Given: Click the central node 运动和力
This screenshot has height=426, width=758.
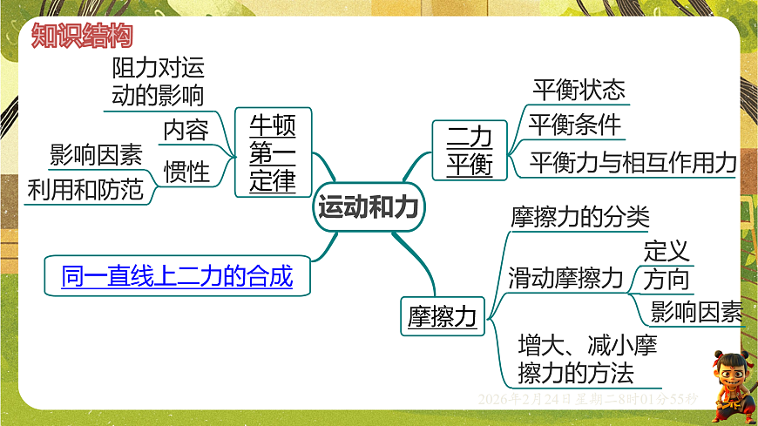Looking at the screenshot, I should tap(369, 207).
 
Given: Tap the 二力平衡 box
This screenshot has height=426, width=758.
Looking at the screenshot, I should tap(470, 151).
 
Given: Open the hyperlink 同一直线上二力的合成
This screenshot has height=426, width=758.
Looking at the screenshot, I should tap(177, 277).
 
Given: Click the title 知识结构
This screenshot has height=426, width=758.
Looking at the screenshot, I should tap(82, 36).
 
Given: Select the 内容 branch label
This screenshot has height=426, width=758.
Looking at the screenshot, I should tap(186, 131).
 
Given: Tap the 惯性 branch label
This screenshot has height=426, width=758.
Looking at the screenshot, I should tap(186, 172).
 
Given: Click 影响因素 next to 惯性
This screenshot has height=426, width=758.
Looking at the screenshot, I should tap(96, 155).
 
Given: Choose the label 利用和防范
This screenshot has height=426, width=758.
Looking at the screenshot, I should tap(85, 189).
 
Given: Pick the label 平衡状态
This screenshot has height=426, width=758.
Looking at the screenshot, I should tap(579, 90).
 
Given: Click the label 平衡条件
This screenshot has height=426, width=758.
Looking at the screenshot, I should tap(576, 125).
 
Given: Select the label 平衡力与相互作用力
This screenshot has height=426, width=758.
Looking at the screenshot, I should tap(633, 163).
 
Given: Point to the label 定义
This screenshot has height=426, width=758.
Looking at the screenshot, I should tap(667, 251).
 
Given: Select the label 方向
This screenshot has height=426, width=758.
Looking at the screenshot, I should tap(667, 280).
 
